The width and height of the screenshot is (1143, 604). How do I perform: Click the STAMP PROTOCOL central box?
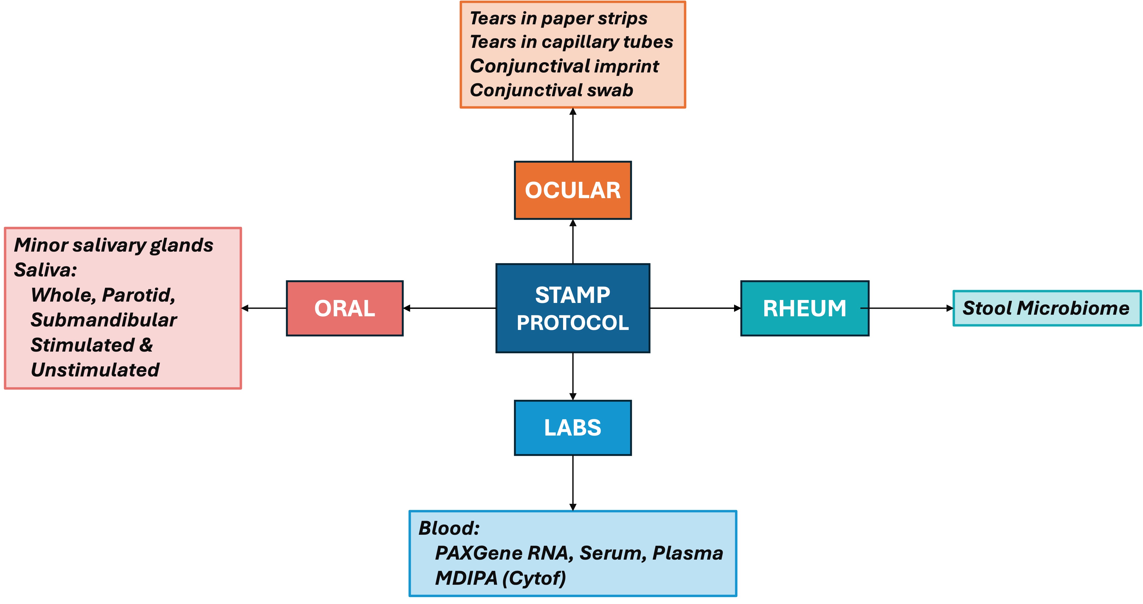click(572, 308)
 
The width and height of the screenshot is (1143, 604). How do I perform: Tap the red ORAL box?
click(344, 308)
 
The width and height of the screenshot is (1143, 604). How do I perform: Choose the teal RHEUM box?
click(804, 308)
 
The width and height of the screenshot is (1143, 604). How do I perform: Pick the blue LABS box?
click(572, 428)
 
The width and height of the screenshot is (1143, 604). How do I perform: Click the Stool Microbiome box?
click(1046, 308)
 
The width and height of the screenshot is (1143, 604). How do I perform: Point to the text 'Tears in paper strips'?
click(558, 19)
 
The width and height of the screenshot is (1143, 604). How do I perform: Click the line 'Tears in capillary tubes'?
click(571, 42)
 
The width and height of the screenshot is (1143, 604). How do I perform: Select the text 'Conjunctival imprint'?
click(564, 66)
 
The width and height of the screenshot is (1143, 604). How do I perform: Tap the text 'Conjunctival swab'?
click(551, 90)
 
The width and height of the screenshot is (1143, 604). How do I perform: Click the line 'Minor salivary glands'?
click(113, 245)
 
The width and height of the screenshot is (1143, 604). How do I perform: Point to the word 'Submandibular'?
click(103, 320)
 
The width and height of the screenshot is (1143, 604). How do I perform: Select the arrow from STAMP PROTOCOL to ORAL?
click(449, 308)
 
